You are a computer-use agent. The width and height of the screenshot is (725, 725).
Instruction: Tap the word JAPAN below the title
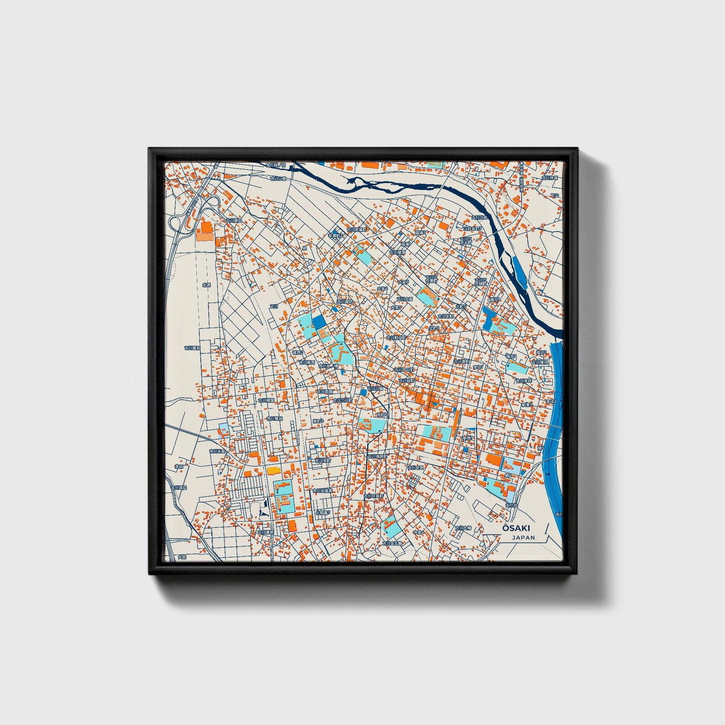coord(523,537)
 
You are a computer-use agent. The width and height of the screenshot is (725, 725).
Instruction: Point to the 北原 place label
coord(206,284)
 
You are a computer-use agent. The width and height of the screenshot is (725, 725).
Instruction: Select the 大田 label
coord(182,557)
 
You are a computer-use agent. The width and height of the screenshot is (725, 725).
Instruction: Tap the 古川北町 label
coord(446,317)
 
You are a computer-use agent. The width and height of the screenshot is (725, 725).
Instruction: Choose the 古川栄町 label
coord(323,460)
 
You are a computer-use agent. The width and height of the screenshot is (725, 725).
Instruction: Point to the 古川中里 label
coord(415,467)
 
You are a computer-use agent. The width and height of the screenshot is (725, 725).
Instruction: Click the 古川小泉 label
coord(278,178)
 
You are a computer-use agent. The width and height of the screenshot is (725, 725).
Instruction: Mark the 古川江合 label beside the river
coord(479,218)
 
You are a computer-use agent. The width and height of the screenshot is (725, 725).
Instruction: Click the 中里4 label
coord(418,532)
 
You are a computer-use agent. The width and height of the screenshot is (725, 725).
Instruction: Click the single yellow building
coord(273,471)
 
